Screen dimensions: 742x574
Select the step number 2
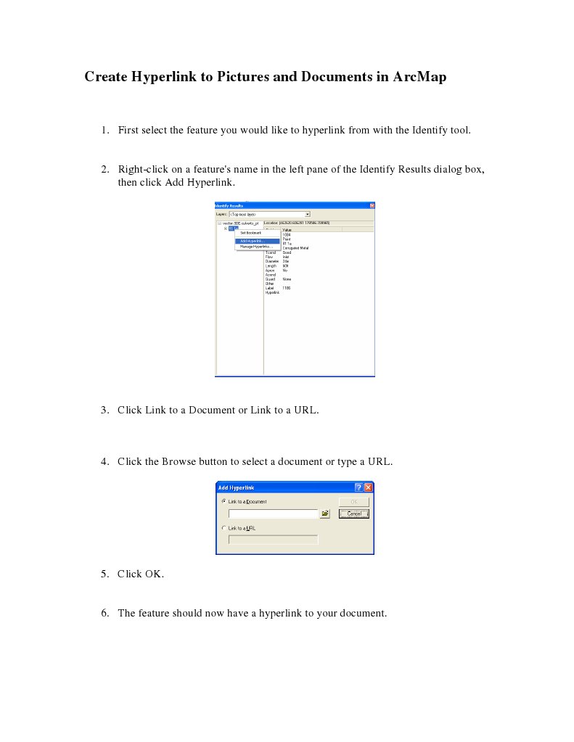[x=105, y=170]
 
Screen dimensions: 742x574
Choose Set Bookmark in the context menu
[x=251, y=233]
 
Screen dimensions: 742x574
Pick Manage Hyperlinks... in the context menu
[x=255, y=247]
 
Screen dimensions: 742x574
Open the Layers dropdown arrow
[x=308, y=214]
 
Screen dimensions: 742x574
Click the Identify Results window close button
[x=372, y=205]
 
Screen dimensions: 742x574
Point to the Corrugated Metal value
[x=295, y=247]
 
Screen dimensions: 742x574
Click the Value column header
[x=287, y=229]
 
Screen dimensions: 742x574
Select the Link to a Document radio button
[x=224, y=501]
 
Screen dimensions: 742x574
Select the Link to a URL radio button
[x=224, y=528]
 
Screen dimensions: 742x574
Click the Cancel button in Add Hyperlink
[x=354, y=514]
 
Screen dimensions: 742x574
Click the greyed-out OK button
[x=354, y=502]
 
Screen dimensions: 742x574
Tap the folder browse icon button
[x=325, y=514]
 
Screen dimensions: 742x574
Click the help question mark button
[x=358, y=487]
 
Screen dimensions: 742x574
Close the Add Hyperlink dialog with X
[x=368, y=487]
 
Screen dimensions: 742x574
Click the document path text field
[x=273, y=514]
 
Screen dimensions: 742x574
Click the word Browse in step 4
[x=179, y=461]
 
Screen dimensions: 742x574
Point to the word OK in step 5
[x=154, y=574]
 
